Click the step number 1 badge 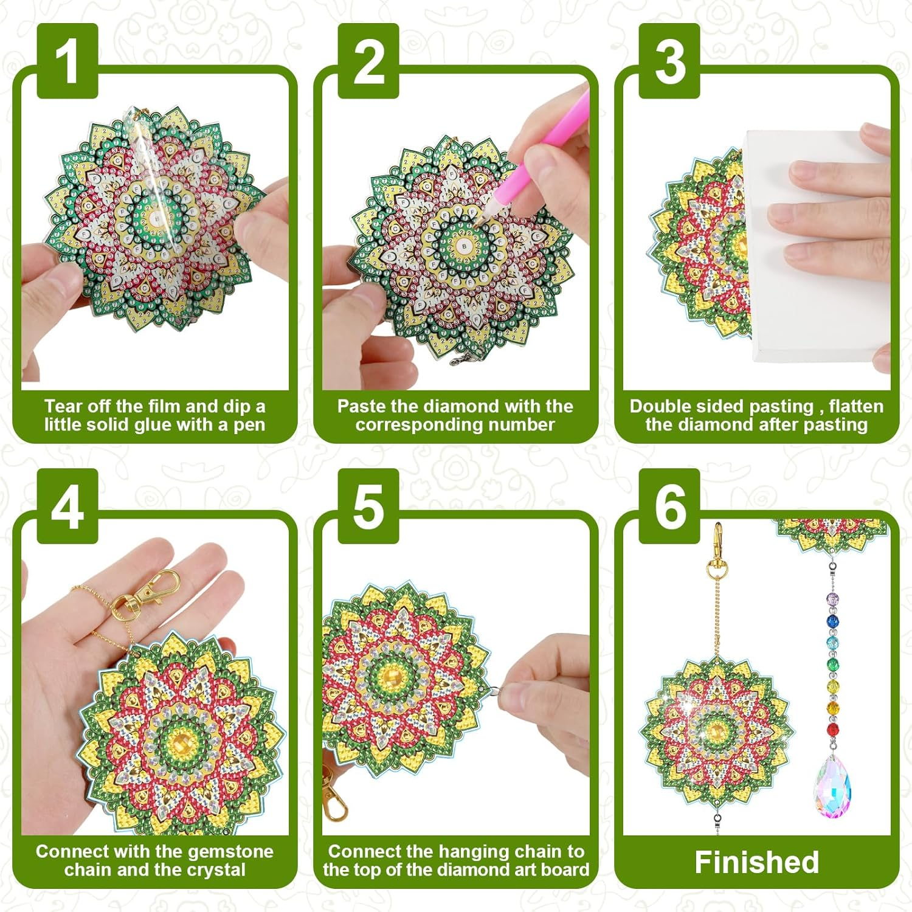67,61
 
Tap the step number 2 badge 368,61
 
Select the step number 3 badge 669,61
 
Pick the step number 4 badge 67,506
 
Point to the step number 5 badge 368,506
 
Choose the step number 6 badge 669,506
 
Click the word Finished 756,862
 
